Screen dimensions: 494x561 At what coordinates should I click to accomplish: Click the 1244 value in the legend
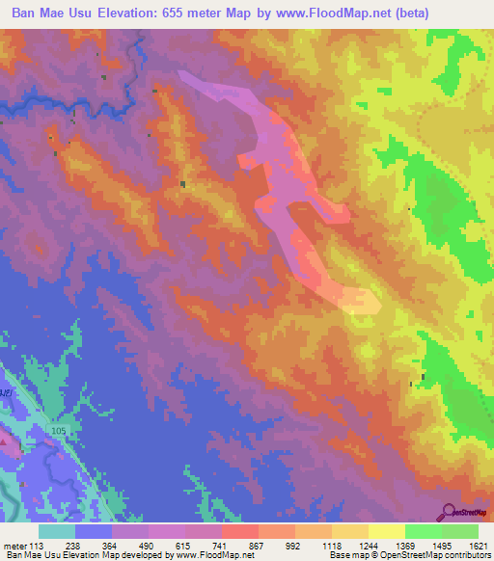(x=368, y=546)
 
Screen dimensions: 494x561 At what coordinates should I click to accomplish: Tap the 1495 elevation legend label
(x=441, y=546)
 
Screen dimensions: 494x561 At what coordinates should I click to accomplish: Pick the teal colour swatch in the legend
(x=57, y=531)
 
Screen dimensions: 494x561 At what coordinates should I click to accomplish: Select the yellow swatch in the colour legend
(x=387, y=531)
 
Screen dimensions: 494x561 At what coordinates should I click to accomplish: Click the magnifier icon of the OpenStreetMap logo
(x=450, y=511)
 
